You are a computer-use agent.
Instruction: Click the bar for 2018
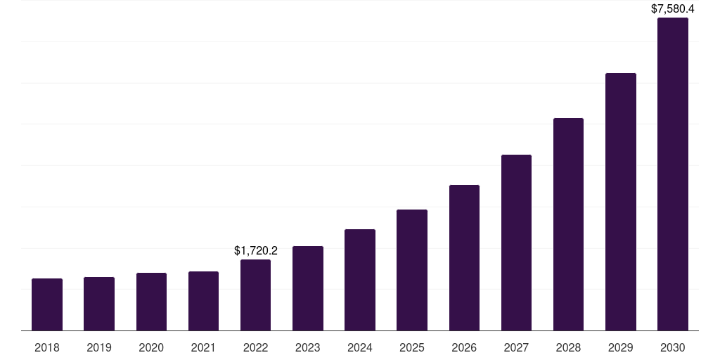tap(47, 304)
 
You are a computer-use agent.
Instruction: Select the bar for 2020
tap(151, 302)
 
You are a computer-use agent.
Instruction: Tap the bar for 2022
tap(255, 295)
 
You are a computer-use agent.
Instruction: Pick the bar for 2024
tap(360, 280)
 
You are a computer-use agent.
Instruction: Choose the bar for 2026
tap(464, 257)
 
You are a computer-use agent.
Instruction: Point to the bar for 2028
tap(568, 224)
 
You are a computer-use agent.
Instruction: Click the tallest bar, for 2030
tap(673, 174)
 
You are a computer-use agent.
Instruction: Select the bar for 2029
tap(620, 202)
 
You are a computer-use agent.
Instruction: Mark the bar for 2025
tap(412, 270)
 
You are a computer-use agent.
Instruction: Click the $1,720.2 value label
tap(256, 250)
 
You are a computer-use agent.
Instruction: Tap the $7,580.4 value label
tap(673, 9)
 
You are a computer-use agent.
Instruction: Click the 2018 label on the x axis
tap(47, 347)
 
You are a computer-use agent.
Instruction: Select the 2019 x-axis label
tap(99, 347)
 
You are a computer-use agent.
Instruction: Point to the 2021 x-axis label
tap(203, 347)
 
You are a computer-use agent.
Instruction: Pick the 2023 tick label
tap(308, 347)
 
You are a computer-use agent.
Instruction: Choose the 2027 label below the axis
tap(516, 347)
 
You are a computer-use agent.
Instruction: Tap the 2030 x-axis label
tap(673, 347)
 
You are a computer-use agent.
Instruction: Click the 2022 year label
tap(255, 347)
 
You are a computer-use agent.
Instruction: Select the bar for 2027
tap(516, 243)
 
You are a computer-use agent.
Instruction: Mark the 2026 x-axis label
tap(464, 347)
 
